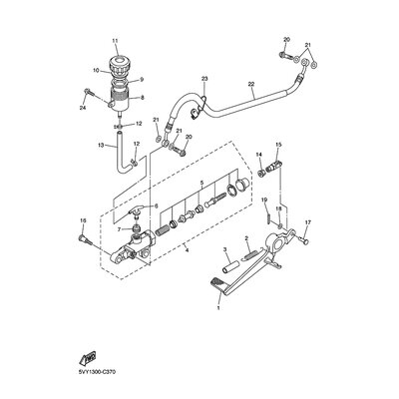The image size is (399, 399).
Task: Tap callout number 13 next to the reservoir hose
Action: (102, 145)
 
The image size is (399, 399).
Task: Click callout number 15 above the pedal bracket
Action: (278, 145)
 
